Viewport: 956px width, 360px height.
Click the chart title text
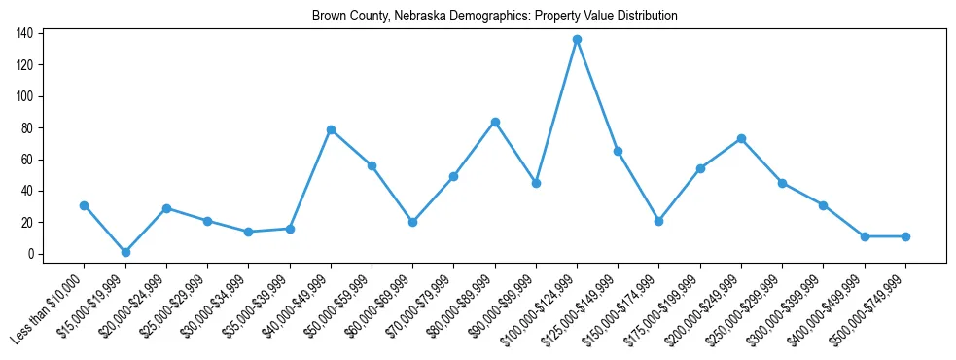click(x=495, y=16)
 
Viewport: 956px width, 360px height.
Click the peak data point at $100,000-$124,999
click(x=577, y=39)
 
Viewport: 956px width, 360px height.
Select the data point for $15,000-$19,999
click(x=125, y=252)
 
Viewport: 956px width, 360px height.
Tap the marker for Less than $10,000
click(x=84, y=205)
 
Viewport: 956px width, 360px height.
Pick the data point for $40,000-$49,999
click(x=331, y=129)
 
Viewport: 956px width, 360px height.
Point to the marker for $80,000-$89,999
click(x=495, y=122)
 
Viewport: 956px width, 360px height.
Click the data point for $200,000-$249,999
click(x=741, y=138)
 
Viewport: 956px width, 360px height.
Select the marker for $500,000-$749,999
click(x=905, y=236)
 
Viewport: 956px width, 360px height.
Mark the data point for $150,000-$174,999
click(x=659, y=221)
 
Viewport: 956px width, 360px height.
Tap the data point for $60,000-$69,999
click(x=412, y=222)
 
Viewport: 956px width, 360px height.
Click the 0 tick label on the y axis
click(x=30, y=254)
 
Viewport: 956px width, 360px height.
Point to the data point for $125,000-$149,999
click(x=618, y=151)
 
